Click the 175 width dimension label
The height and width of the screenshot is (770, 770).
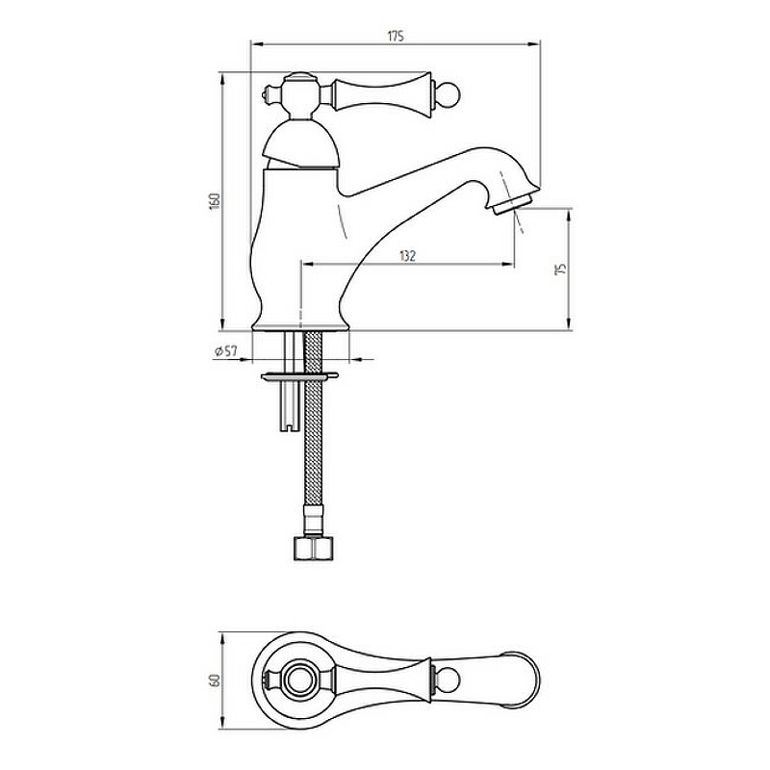pyautogui.click(x=396, y=37)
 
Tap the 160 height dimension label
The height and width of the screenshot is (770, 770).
pyautogui.click(x=215, y=201)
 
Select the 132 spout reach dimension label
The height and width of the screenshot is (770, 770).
pyautogui.click(x=407, y=256)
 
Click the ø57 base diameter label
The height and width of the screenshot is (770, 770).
pyautogui.click(x=226, y=351)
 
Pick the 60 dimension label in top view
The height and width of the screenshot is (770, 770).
pyautogui.click(x=215, y=680)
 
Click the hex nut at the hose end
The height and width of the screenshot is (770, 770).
pyautogui.click(x=314, y=548)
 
